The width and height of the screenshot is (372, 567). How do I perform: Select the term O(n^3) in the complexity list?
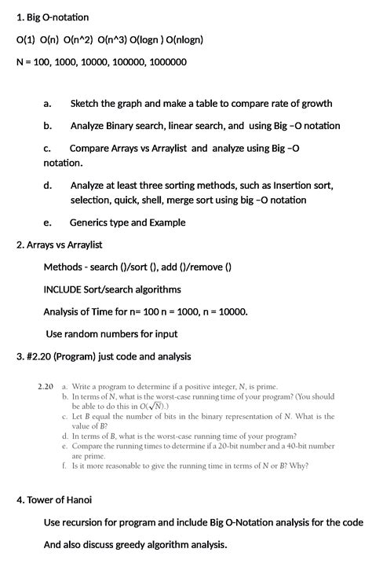pos(115,39)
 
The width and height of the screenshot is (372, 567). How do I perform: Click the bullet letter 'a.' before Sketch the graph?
pos(48,103)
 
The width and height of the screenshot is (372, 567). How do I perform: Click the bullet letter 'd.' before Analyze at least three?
pos(48,186)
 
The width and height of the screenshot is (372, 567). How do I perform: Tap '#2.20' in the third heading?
pos(42,356)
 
